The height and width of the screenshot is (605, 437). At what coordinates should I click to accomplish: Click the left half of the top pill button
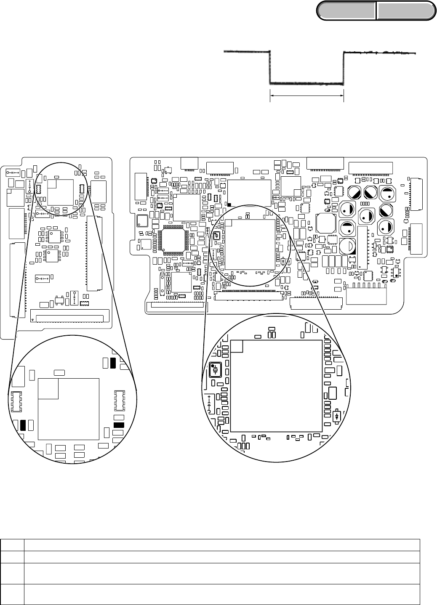pos(346,11)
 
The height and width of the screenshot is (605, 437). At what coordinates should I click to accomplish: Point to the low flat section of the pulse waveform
pos(306,83)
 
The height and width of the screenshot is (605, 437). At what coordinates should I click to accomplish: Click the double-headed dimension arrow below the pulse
pos(306,96)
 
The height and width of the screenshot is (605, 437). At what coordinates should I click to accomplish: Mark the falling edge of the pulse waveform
pos(269,67)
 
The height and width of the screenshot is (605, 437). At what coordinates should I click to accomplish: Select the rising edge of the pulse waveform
pos(344,67)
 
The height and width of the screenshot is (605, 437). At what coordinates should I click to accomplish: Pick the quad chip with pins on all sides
pos(174,240)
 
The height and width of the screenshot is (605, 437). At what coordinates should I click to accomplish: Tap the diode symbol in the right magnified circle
pos(337,416)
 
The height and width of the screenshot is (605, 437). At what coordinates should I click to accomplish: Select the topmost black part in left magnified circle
pos(112,363)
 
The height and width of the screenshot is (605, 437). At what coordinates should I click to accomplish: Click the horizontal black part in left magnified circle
pos(119,425)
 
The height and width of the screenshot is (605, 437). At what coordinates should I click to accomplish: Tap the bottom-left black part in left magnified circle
pos(23,425)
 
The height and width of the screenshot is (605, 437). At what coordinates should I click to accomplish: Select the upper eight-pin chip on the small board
pos(55,236)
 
